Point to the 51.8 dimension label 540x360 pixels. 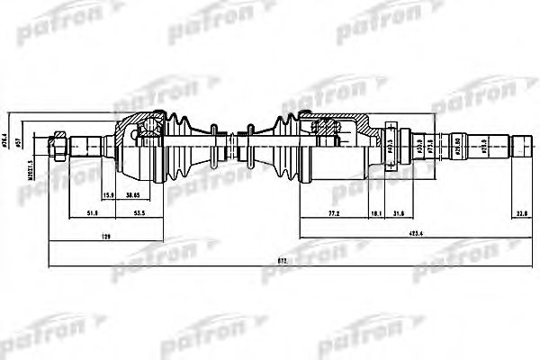point(93,214)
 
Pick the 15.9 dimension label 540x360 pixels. point(110,195)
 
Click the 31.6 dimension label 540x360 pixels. point(400,214)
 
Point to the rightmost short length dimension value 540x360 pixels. point(521,214)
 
